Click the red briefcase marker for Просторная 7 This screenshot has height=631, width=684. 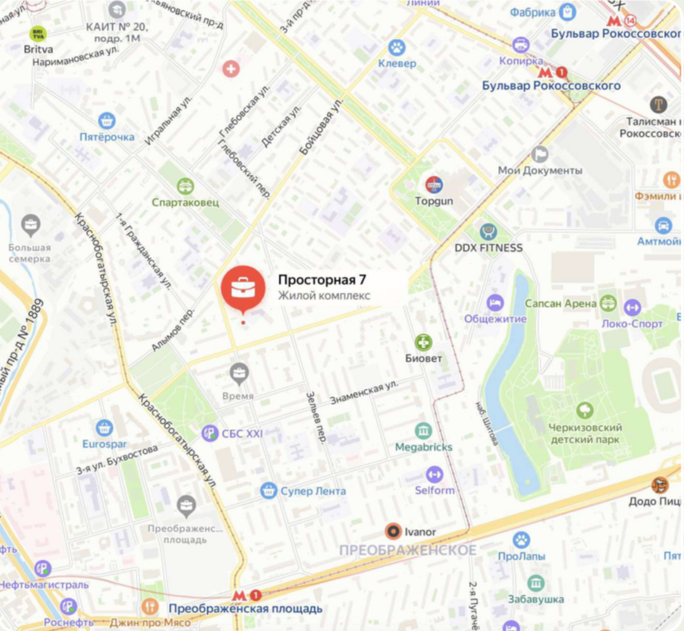coord(243,288)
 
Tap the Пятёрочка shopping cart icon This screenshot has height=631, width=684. coord(106,121)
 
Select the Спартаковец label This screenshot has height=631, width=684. coord(186,201)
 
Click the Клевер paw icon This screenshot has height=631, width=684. coord(397,48)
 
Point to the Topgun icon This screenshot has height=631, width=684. coord(434,185)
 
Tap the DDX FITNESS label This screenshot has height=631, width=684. coord(488,247)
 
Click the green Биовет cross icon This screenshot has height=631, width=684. coord(424,342)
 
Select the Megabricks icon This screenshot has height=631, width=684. coord(424,431)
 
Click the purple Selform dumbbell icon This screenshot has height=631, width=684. coord(434,474)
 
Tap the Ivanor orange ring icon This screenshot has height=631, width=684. coord(393,531)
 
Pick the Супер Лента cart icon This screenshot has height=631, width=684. coord(268,491)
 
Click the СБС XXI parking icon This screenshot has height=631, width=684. coord(211,432)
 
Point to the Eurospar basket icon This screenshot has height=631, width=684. coord(104,428)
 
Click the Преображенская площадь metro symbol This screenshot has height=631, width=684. coord(239,595)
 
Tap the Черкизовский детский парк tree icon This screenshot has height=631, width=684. coord(585,410)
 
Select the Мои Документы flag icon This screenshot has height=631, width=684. coord(540,154)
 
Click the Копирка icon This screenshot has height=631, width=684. coord(521,45)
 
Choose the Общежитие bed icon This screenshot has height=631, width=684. coord(495,303)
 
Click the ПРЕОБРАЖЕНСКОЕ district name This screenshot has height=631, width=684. coord(408,551)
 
